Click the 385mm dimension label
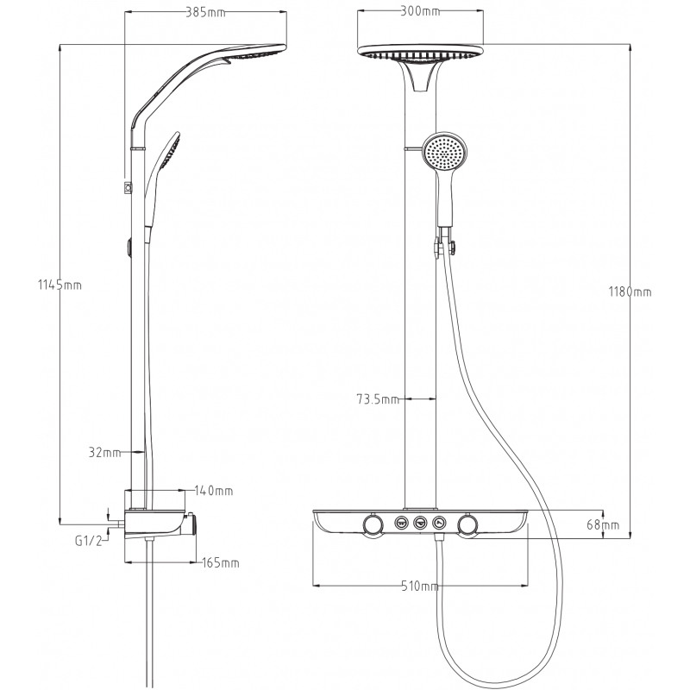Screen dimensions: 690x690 205,12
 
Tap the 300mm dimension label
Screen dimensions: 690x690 420,11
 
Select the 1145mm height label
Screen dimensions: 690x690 60,285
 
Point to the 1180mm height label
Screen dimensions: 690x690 630,292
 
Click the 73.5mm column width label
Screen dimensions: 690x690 378,399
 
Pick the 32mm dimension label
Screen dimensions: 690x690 104,452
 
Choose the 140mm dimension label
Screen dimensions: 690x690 214,491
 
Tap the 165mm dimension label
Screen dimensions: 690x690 221,563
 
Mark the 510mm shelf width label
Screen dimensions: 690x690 420,586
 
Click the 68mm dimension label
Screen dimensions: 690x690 603,524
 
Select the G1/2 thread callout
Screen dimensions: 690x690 88,541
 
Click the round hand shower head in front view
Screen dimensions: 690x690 445,153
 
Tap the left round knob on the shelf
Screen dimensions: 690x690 373,524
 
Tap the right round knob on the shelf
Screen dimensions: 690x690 467,524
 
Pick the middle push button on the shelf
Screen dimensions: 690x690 421,524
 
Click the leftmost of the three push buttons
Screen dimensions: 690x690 401,524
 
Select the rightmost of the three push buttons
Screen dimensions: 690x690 440,524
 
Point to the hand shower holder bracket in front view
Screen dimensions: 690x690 445,245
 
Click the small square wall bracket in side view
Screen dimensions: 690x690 128,187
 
